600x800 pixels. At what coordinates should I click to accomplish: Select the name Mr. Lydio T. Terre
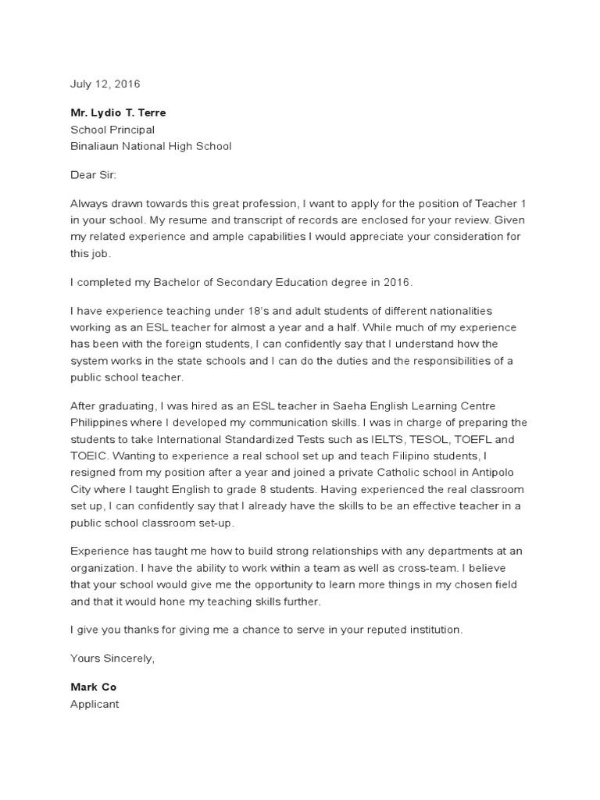[x=118, y=112]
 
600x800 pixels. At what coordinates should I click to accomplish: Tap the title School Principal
[x=112, y=130]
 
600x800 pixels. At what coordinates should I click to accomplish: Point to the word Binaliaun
[x=96, y=146]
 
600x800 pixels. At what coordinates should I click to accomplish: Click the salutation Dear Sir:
[x=93, y=175]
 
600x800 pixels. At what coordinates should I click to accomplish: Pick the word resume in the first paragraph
[x=177, y=220]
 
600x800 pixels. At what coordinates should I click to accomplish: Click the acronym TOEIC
[x=88, y=455]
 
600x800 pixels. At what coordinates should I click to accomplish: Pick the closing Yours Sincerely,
[x=112, y=658]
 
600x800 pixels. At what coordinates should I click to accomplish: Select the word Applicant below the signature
[x=95, y=703]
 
